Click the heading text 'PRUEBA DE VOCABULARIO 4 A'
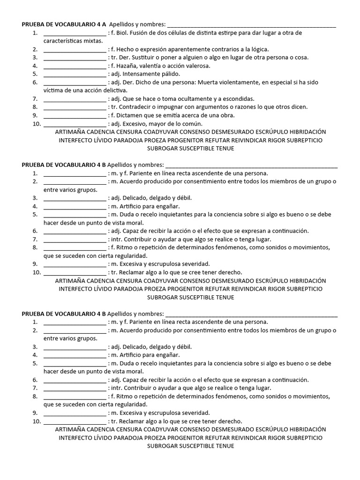point(64,24)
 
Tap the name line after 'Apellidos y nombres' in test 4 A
point(251,26)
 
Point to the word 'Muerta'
point(209,82)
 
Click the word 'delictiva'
point(113,90)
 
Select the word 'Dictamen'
point(128,115)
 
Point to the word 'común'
point(192,124)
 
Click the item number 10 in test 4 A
point(37,124)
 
